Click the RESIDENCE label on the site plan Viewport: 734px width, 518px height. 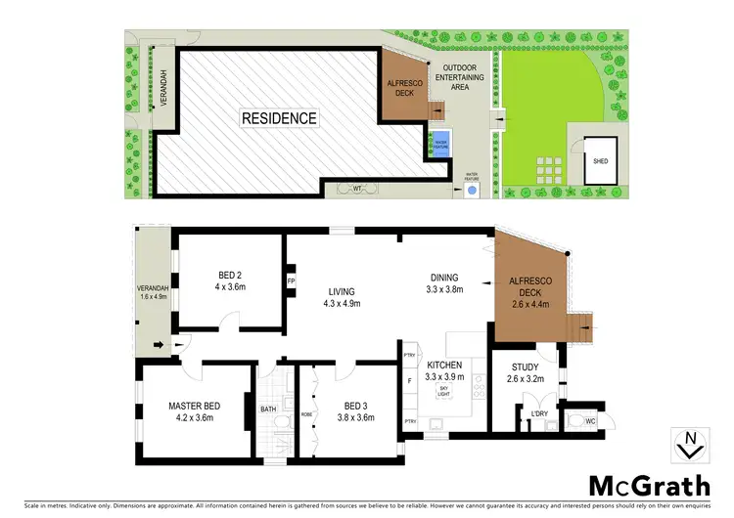280,118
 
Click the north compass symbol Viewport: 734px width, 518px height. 691,444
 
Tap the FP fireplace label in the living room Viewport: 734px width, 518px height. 291,281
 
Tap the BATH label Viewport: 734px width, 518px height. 268,410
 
